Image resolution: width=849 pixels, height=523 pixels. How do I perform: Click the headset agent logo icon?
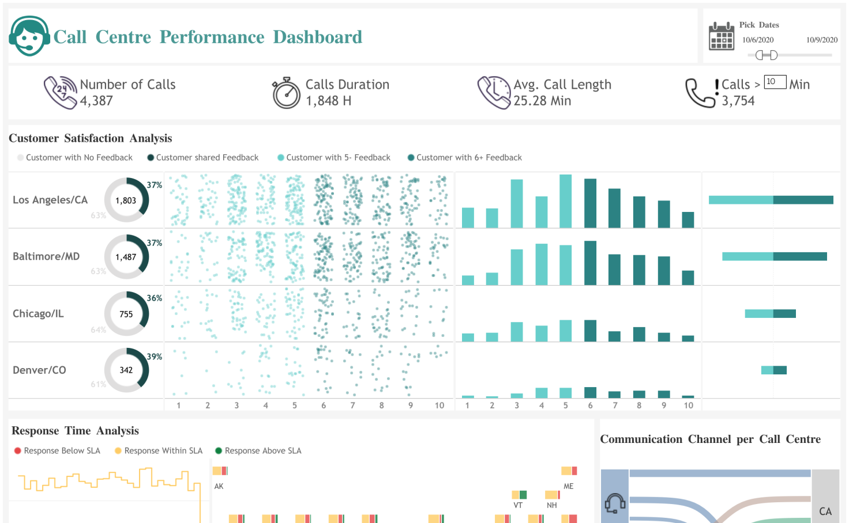pyautogui.click(x=29, y=36)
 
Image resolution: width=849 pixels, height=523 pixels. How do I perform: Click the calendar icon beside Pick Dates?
pyautogui.click(x=721, y=36)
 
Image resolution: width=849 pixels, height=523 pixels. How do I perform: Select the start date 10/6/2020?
pyautogui.click(x=757, y=40)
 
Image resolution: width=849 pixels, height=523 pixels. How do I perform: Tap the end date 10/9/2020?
pyautogui.click(x=821, y=40)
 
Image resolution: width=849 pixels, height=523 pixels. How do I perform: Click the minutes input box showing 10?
pyautogui.click(x=775, y=82)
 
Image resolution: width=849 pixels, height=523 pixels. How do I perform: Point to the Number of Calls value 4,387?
pyautogui.click(x=96, y=101)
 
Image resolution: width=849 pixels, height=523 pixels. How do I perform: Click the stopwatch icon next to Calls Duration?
pyautogui.click(x=287, y=93)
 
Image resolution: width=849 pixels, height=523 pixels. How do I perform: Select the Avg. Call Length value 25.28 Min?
pyautogui.click(x=542, y=101)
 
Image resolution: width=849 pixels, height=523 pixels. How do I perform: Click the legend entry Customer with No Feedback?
pyautogui.click(x=79, y=157)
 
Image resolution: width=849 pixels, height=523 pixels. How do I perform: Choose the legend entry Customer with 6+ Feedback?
pyautogui.click(x=468, y=157)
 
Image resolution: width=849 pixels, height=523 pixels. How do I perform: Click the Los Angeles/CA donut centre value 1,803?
pyautogui.click(x=126, y=200)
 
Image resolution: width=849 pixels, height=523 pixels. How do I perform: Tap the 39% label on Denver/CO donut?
pyautogui.click(x=155, y=357)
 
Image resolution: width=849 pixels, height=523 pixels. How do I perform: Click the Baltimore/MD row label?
pyautogui.click(x=46, y=256)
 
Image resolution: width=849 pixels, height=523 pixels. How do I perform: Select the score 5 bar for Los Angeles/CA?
pyautogui.click(x=565, y=201)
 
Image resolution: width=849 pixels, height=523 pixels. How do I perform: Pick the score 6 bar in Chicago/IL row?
pyautogui.click(x=590, y=331)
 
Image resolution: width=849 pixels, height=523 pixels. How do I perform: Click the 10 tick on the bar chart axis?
pyautogui.click(x=688, y=405)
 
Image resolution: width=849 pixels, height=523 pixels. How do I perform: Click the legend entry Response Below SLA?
pyautogui.click(x=61, y=450)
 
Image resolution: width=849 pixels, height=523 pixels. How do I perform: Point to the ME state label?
pyautogui.click(x=569, y=486)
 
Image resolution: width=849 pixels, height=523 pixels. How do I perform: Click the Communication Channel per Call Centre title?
pyautogui.click(x=710, y=439)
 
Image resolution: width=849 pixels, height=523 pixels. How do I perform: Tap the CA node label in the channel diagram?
pyautogui.click(x=825, y=511)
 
